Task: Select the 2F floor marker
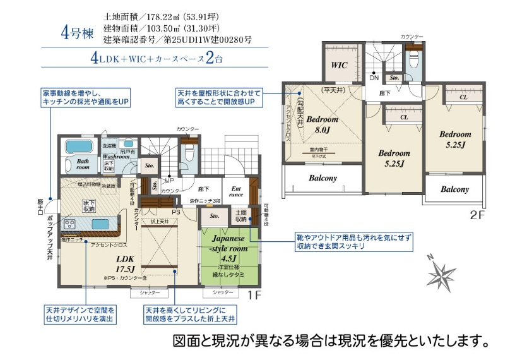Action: pyautogui.click(x=476, y=214)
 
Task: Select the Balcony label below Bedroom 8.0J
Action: pyautogui.click(x=323, y=178)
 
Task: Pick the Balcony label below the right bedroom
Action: pyautogui.click(x=454, y=189)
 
